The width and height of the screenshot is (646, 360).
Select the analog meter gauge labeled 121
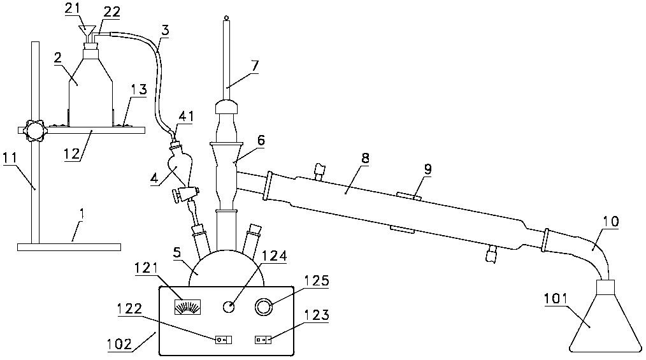(x=187, y=307)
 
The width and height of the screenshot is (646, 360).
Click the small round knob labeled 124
(x=228, y=307)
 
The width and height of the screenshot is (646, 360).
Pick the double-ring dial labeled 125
(x=264, y=307)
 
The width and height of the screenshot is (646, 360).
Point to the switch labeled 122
(x=224, y=340)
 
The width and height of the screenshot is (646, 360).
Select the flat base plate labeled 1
(x=69, y=247)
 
